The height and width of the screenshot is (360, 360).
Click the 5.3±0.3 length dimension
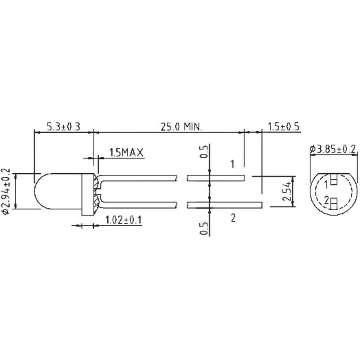63,126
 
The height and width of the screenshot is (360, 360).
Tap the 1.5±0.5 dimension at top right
284,126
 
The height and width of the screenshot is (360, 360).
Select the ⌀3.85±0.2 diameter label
333,149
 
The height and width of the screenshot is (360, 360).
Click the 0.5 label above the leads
204,152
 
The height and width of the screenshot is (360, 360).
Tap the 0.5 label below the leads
204,229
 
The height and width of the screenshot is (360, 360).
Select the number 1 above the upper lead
233,165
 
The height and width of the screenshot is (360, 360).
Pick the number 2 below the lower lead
233,218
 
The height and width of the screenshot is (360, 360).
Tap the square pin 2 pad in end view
333,204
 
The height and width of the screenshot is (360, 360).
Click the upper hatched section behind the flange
96,182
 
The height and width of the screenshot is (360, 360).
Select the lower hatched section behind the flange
96,203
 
